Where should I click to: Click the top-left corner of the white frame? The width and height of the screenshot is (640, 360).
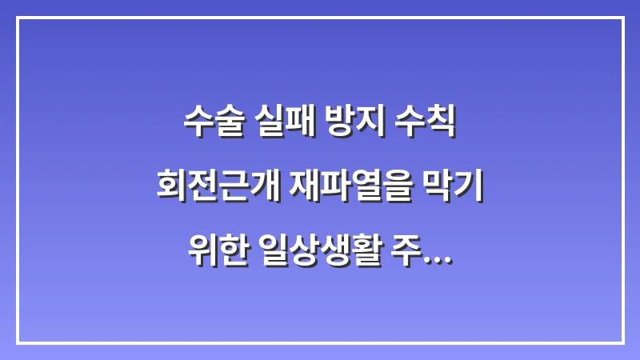(18, 18)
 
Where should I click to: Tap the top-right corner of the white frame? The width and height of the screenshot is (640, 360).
(622, 18)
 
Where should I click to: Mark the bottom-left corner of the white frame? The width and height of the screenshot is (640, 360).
(18, 342)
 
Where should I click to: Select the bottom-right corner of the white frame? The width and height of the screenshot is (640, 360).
(622, 342)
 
